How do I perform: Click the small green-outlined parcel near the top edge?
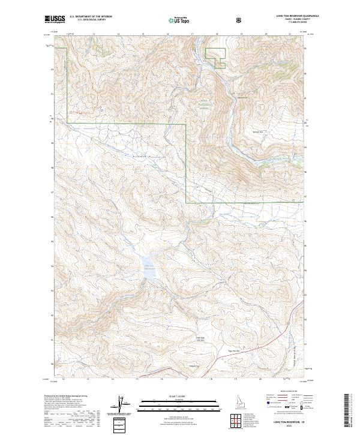click(x=215, y=55)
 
